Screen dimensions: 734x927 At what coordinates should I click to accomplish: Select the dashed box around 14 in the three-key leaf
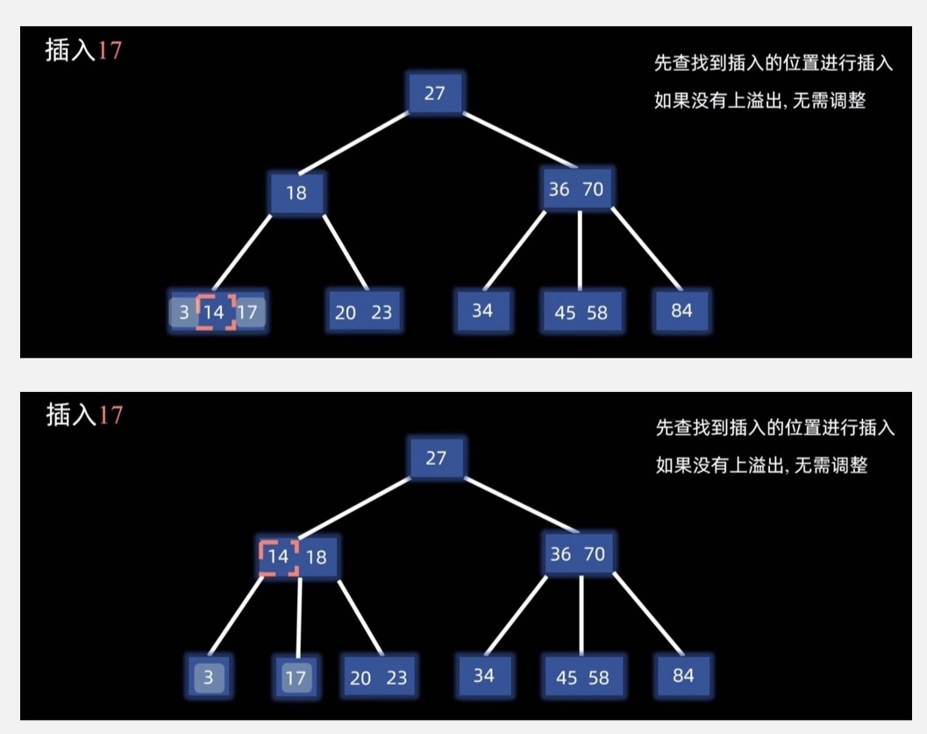[216, 311]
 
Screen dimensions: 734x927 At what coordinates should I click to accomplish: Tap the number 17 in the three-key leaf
[248, 311]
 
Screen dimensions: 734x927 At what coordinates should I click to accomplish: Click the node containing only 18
[297, 193]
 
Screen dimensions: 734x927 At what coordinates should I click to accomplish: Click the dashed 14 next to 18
[279, 557]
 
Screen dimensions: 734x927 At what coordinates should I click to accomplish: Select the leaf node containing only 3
[209, 677]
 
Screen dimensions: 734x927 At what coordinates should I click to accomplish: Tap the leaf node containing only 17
[296, 677]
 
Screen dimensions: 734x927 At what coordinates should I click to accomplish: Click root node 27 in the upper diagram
[435, 93]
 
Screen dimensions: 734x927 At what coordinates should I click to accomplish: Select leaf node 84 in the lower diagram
[683, 675]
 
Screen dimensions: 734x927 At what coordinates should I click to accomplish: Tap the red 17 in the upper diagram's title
[110, 50]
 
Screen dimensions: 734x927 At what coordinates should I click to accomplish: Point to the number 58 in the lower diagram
[598, 678]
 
